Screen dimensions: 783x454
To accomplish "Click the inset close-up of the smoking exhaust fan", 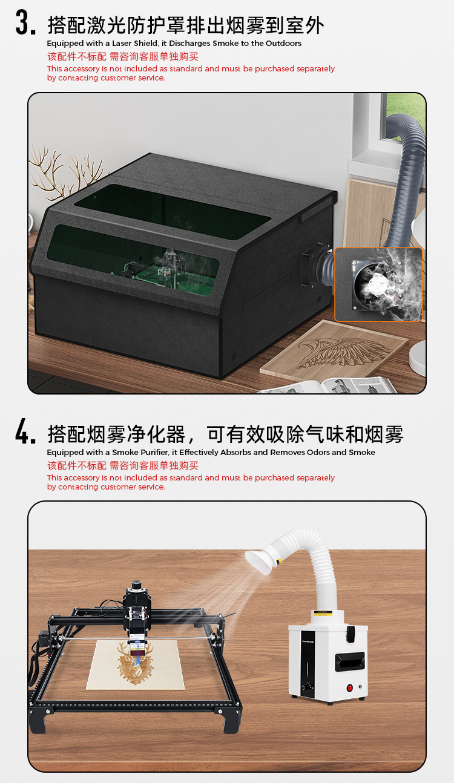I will click(378, 284).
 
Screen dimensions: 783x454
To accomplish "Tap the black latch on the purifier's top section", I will click(350, 633).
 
